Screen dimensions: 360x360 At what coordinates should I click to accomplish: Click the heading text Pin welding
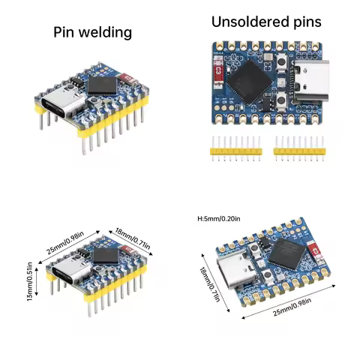[x=93, y=32]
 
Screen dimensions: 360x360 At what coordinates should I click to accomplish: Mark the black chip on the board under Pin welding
[x=102, y=84]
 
